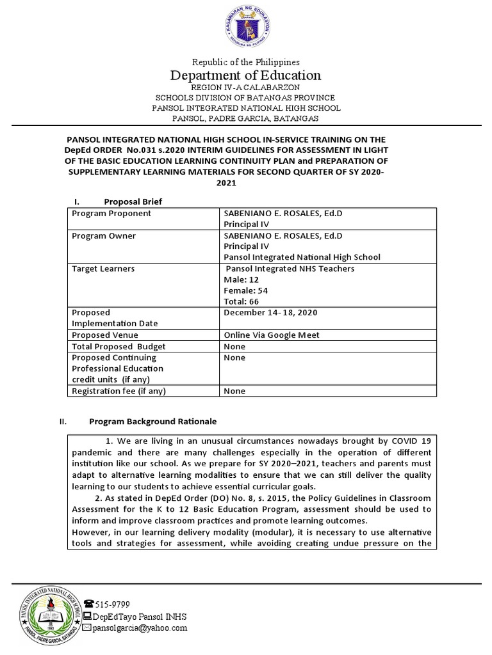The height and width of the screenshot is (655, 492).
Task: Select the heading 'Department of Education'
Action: pos(245,75)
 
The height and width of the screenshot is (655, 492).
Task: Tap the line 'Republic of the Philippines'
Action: pos(246,62)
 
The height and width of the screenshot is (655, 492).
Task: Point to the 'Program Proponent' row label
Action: pos(111,214)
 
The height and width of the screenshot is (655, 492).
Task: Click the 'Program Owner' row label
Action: pos(104,236)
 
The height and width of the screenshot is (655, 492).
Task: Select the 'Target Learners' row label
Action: pos(103,269)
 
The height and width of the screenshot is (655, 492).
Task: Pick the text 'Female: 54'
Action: pos(246,290)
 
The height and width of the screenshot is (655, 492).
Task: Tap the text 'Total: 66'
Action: pos(242,301)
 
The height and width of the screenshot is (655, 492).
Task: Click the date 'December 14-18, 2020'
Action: pos(270,313)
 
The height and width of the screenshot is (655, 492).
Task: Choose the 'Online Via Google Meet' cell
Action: pos(270,335)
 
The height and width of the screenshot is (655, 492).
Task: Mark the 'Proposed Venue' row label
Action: pos(105,335)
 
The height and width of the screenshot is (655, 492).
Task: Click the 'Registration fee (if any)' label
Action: pos(119,391)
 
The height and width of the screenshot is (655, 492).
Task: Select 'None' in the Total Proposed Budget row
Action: pos(234,346)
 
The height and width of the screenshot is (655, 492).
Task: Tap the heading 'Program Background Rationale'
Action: pos(152,422)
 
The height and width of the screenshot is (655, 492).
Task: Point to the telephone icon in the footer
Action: pos(88,603)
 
